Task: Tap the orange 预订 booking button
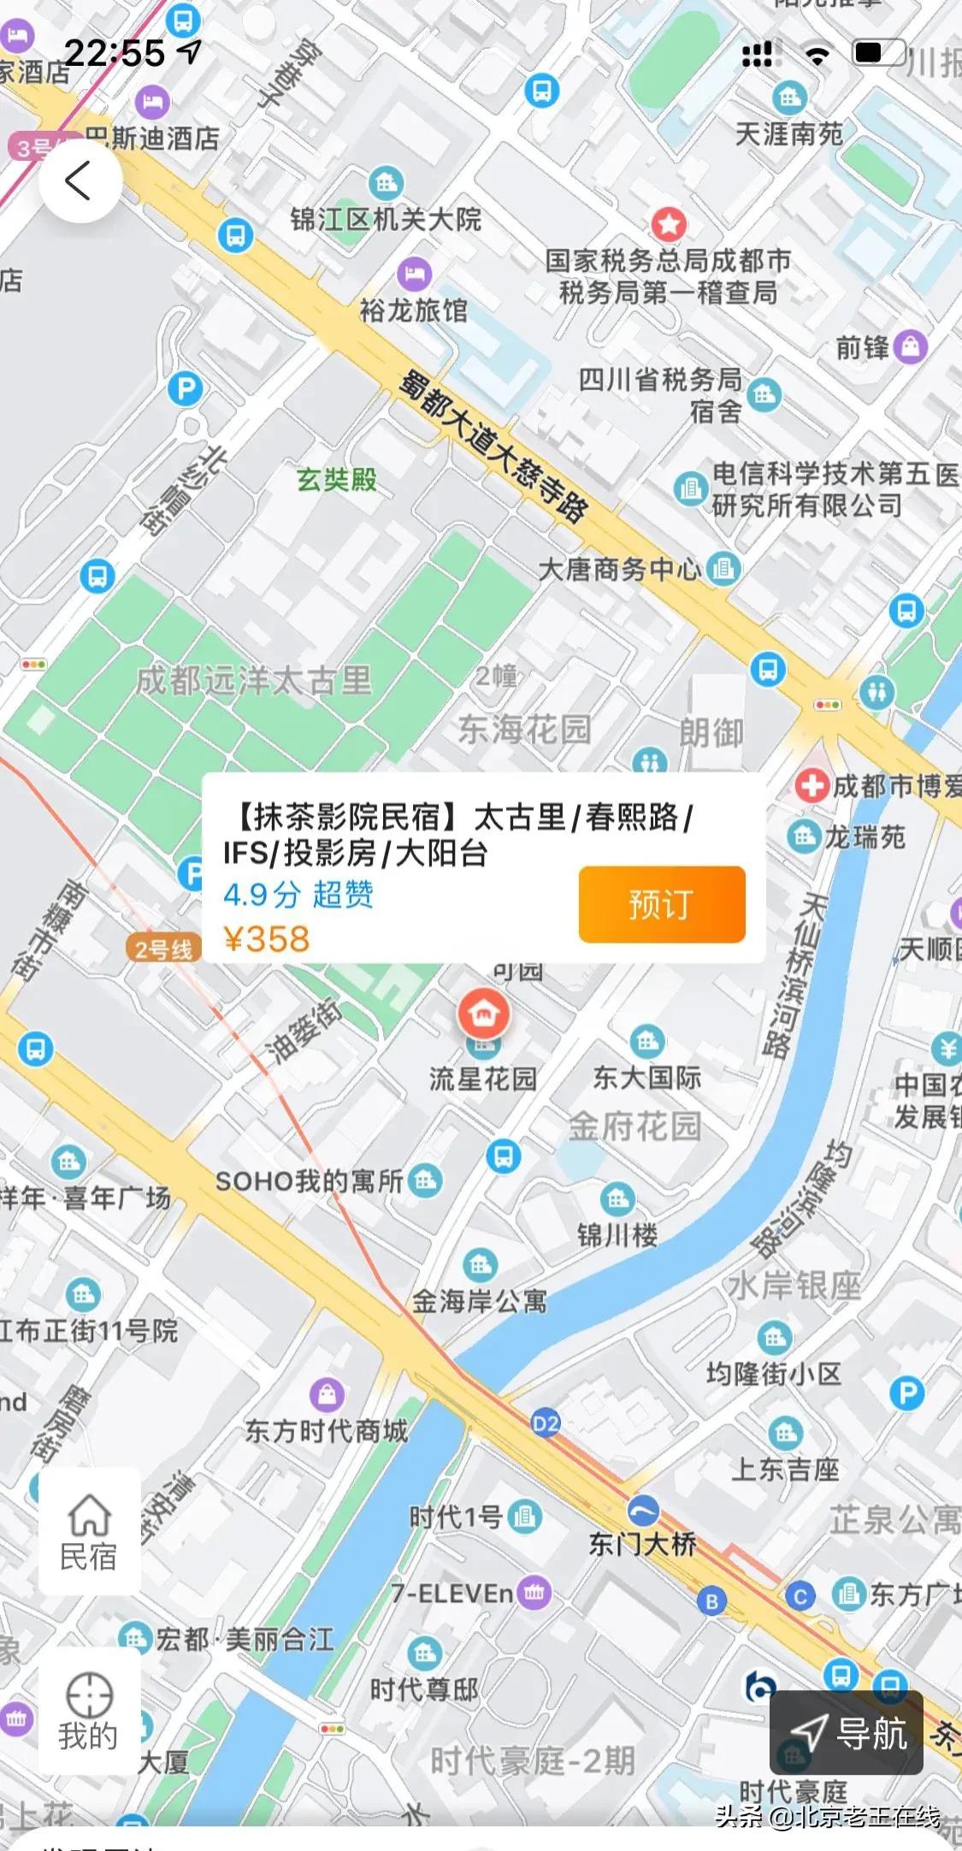point(661,904)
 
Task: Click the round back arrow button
point(80,180)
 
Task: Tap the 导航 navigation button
point(847,1732)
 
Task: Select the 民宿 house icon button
point(89,1531)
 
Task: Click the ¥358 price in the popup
point(266,938)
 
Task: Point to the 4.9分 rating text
point(262,895)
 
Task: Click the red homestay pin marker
point(483,1014)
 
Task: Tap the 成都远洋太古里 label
point(254,681)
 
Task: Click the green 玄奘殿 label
point(337,480)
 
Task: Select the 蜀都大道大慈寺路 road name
point(493,445)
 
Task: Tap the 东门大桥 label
point(642,1544)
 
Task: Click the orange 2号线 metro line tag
point(163,949)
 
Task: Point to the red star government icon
point(669,224)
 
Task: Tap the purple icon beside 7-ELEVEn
point(534,1592)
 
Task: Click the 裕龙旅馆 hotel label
point(414,310)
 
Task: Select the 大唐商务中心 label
point(620,569)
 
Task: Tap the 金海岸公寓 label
point(480,1301)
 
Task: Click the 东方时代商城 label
point(326,1431)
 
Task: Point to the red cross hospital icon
point(811,784)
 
